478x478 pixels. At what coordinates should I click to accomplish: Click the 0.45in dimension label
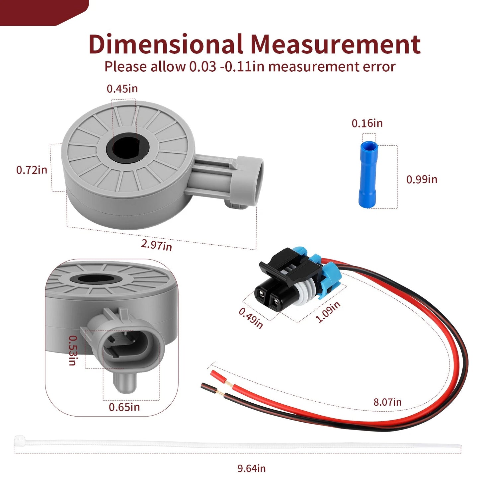[122, 89]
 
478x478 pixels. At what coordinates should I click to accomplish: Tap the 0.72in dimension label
[32, 170]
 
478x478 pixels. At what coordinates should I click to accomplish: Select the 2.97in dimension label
[157, 245]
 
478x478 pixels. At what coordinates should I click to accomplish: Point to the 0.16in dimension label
[367, 123]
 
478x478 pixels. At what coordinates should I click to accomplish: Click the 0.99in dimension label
[422, 179]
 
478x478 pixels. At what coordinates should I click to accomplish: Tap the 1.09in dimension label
[328, 312]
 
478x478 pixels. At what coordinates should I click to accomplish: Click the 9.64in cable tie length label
[252, 462]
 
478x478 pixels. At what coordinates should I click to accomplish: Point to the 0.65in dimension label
[124, 407]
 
